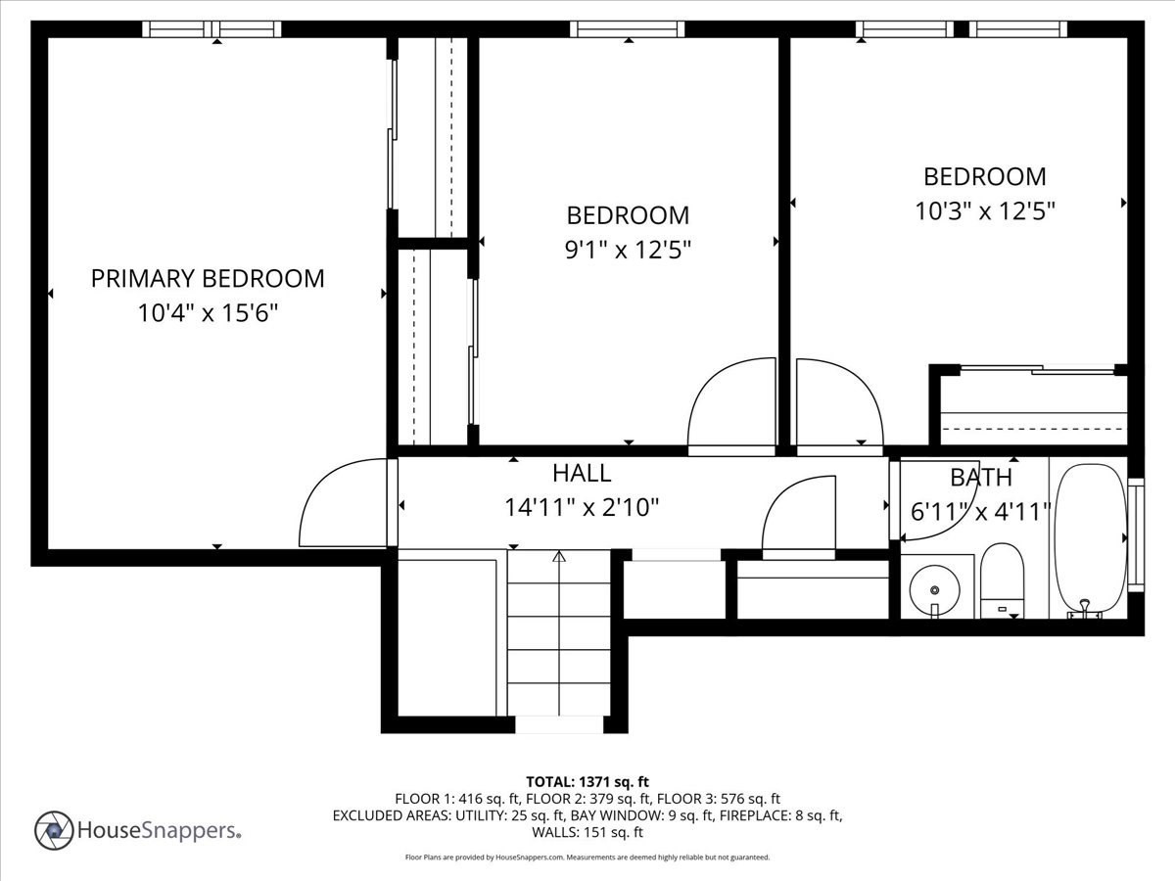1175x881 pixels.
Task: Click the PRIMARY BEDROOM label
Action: tap(208, 279)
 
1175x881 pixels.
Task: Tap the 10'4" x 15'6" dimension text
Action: tap(208, 313)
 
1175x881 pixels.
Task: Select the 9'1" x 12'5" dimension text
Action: tap(628, 250)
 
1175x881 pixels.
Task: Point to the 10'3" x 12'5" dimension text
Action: tap(985, 210)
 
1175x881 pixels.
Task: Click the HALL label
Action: tap(582, 474)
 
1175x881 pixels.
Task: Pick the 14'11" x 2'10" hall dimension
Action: tap(582, 507)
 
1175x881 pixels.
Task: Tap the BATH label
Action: tap(981, 478)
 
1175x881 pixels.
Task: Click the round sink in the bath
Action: tap(935, 590)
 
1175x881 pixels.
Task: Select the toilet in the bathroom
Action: tap(1002, 580)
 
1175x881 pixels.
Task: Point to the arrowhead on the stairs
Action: tap(559, 557)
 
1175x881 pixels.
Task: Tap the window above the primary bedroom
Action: tap(211, 29)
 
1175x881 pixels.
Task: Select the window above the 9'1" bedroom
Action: tap(628, 29)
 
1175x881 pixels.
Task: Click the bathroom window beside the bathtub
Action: tap(1136, 534)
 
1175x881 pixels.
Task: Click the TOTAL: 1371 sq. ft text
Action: tap(587, 782)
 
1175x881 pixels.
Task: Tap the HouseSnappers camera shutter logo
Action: tap(54, 831)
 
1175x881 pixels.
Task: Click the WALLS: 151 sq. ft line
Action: tap(587, 832)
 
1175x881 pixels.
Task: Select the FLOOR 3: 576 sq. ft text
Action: tap(719, 799)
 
